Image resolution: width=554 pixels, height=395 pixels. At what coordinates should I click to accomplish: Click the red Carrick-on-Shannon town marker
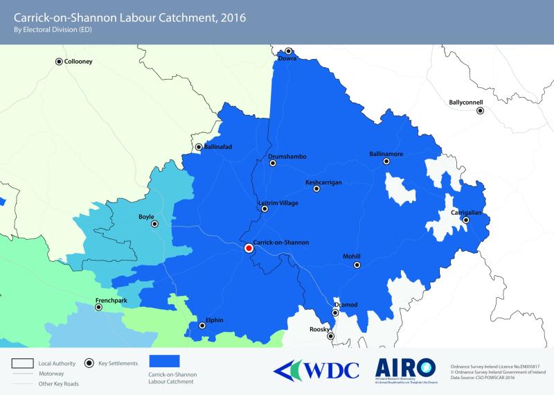pyautogui.click(x=249, y=248)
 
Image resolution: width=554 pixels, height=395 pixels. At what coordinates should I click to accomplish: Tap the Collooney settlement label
pyautogui.click(x=78, y=62)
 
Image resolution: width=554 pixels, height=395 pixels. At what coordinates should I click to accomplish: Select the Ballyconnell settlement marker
pyautogui.click(x=479, y=109)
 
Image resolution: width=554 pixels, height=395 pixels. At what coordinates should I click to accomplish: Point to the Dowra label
pyautogui.click(x=288, y=59)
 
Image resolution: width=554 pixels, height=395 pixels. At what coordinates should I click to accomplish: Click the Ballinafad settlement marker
pyautogui.click(x=199, y=147)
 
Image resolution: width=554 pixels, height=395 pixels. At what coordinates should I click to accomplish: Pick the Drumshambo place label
pyautogui.click(x=287, y=157)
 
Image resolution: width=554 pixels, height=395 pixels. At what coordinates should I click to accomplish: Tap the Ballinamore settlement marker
pyautogui.click(x=387, y=161)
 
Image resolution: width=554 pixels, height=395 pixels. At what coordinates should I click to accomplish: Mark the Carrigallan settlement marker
pyautogui.click(x=466, y=220)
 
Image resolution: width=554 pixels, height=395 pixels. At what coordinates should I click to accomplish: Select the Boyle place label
pyautogui.click(x=146, y=216)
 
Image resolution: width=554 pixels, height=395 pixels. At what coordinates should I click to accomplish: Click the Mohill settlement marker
pyautogui.click(x=357, y=265)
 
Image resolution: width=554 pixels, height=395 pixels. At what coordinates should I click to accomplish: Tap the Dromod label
pyautogui.click(x=346, y=304)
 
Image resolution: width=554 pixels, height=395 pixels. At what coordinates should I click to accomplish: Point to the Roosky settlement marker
pyautogui.click(x=330, y=336)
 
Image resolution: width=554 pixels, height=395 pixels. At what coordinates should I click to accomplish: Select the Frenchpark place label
pyautogui.click(x=113, y=300)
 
